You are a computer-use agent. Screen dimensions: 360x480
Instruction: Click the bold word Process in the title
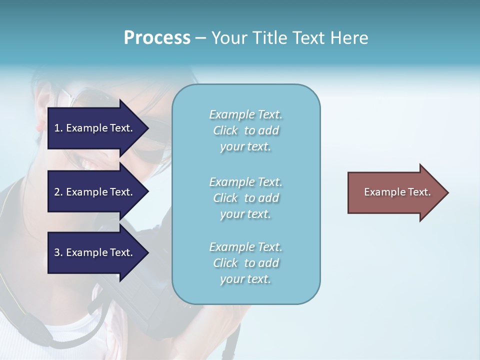157,38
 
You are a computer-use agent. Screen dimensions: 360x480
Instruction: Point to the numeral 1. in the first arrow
58,128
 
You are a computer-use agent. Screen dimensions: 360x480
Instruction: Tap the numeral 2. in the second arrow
58,192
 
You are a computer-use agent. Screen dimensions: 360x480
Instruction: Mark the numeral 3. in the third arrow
58,252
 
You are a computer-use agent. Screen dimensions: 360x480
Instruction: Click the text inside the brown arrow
397,192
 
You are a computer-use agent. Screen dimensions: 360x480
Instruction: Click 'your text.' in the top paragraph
245,147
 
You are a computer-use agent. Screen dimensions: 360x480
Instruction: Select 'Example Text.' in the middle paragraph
245,182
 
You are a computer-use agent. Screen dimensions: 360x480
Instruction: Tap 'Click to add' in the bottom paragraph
245,263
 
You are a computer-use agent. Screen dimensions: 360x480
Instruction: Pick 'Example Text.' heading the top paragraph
245,114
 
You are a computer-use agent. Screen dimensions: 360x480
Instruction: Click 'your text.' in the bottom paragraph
245,279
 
